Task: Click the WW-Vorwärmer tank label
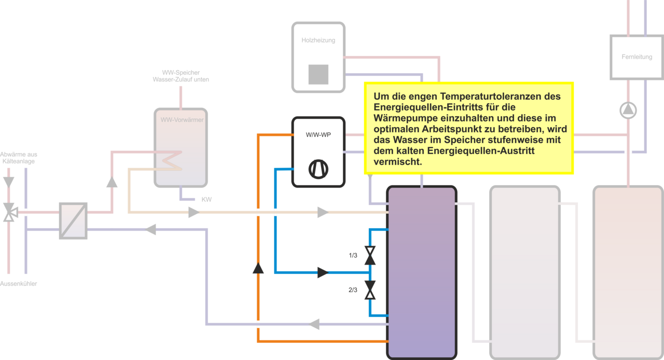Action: [x=181, y=120]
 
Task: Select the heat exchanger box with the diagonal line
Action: [x=73, y=220]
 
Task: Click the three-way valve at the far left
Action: [x=9, y=212]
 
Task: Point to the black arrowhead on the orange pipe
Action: [x=258, y=268]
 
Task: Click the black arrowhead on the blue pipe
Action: [x=322, y=272]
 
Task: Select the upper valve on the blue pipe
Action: [x=370, y=256]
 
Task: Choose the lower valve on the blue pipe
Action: [x=370, y=290]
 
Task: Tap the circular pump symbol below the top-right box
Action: [x=628, y=110]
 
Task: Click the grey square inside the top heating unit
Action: [x=318, y=74]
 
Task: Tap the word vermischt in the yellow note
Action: [x=398, y=162]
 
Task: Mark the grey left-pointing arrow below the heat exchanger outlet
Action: [x=150, y=229]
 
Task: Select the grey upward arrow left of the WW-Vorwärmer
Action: [x=112, y=182]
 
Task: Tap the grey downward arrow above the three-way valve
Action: [x=9, y=182]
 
